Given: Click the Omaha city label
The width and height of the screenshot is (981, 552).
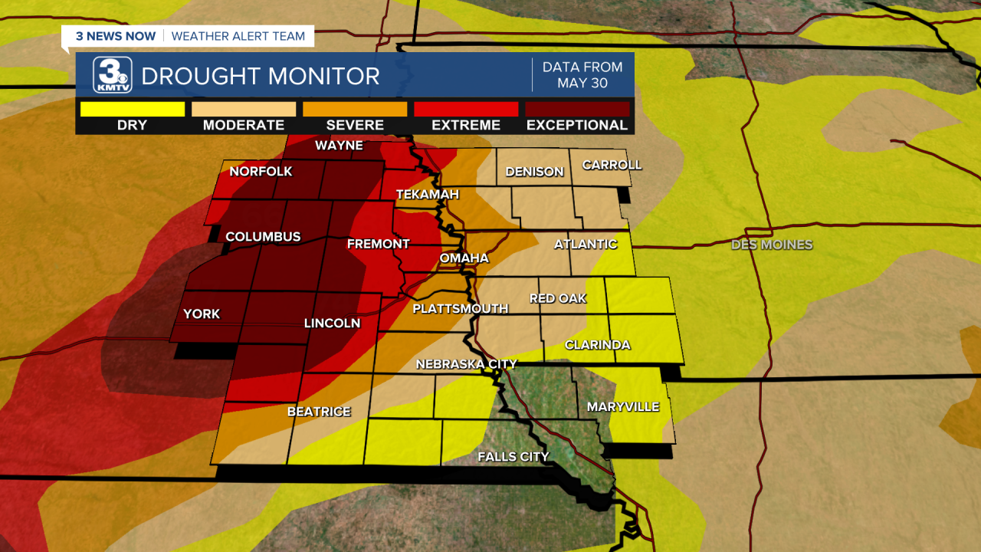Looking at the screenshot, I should [464, 258].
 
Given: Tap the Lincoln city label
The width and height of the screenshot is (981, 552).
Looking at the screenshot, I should [332, 324].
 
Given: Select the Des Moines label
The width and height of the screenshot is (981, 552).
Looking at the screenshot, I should [771, 245].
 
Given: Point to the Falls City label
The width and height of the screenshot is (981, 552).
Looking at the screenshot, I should [513, 457].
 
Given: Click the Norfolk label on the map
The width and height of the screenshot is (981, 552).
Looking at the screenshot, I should [261, 172].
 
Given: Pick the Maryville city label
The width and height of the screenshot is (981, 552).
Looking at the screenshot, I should [622, 407].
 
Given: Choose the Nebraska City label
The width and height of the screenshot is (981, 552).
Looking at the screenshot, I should [466, 364].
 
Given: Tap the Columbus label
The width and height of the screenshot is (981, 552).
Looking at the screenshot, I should [263, 237].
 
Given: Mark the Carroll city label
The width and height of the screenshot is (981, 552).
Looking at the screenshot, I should [611, 165].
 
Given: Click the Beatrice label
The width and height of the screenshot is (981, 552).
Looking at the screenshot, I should [319, 412].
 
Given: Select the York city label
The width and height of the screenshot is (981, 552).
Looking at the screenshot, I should [202, 314].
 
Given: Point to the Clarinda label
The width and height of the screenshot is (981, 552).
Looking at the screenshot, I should [597, 345].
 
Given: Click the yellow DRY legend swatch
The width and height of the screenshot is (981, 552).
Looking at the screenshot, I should [133, 109].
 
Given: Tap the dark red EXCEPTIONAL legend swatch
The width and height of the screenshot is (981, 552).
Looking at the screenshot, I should [577, 109].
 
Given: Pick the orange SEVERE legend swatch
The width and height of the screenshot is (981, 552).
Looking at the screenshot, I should [355, 109].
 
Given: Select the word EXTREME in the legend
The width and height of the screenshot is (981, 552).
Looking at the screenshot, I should [466, 125].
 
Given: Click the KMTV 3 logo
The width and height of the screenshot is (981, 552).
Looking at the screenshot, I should [112, 75].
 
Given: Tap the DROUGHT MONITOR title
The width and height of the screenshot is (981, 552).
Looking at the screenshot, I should [261, 77].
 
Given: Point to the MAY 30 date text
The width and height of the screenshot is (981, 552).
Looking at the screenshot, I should [582, 83].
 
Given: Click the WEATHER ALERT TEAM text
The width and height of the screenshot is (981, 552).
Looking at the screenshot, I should [238, 36].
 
